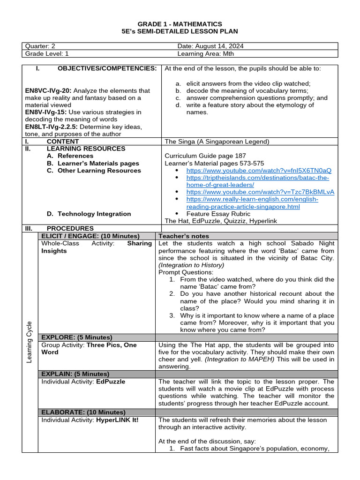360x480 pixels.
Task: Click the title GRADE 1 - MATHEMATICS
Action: point(180,24)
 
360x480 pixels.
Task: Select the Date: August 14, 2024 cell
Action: point(210,46)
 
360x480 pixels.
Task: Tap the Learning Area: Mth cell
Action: point(206,53)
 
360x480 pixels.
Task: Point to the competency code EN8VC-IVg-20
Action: point(48,90)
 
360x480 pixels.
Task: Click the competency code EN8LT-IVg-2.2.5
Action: point(51,127)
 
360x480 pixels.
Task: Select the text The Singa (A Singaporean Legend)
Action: point(217,141)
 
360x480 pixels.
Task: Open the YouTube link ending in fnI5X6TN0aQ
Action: point(259,171)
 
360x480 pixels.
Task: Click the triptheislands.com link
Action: point(257,181)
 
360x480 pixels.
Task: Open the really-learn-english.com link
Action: point(252,202)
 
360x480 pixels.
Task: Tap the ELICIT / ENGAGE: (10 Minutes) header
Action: point(90,236)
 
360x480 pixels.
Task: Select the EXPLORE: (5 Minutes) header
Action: point(77,337)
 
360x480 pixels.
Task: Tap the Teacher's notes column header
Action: point(184,236)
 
